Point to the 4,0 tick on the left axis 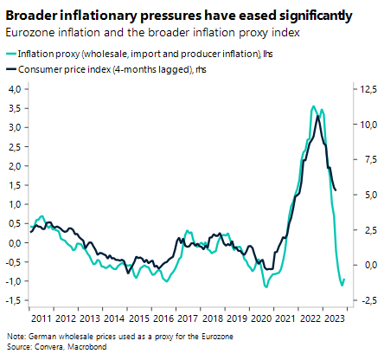pos(16,89)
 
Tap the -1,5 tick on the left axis pos(15,300)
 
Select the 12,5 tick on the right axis pos(366,89)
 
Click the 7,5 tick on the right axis pos(366,159)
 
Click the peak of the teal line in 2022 pos(313,106)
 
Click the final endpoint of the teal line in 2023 pos(344,279)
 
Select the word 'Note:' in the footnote pos(16,336)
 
